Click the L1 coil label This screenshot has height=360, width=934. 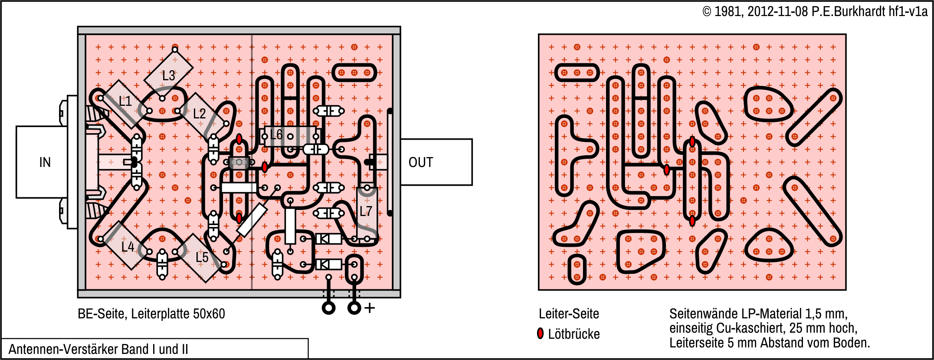tap(125, 101)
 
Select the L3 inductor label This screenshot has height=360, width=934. tap(169, 75)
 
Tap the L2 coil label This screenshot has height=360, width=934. tap(199, 114)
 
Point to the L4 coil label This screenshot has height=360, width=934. tap(128, 247)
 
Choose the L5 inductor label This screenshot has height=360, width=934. tap(202, 257)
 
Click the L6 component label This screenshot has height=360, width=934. tap(276, 134)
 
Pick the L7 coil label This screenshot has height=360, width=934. tap(366, 211)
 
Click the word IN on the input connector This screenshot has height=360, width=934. tap(45, 162)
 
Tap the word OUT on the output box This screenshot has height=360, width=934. tap(420, 162)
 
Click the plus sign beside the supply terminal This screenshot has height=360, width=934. tap(370, 308)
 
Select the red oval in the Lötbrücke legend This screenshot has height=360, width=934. tap(540, 333)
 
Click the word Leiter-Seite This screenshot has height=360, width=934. tap(569, 314)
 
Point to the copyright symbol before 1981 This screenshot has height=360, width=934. tap(707, 12)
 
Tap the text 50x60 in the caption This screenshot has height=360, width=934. tap(210, 314)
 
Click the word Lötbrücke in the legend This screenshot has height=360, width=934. tap(574, 334)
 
